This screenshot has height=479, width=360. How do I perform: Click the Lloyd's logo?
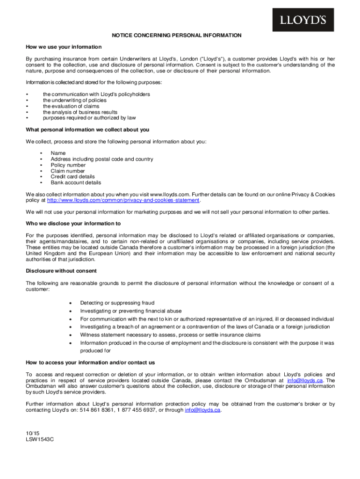303,20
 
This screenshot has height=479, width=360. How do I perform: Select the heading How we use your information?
64,47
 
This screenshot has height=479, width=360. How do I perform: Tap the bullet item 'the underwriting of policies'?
75,100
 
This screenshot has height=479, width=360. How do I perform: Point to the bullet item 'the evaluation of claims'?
71,106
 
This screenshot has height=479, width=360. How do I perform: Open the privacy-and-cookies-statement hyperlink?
123,200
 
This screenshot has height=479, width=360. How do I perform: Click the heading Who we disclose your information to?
73,224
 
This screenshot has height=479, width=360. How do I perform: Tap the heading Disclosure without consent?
61,271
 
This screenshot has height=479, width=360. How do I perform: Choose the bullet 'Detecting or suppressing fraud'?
117,303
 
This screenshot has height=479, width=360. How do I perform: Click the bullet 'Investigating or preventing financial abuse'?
131,311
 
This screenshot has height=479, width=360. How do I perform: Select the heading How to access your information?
90,363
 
